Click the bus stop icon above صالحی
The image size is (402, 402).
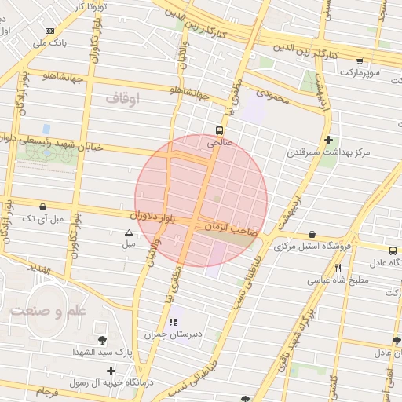[219, 131]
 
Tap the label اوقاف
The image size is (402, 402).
[121, 98]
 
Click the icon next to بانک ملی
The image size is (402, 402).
[50, 31]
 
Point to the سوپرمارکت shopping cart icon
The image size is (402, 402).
[360, 60]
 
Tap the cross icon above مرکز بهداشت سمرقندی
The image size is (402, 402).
[327, 140]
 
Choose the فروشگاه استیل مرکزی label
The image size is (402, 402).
[312, 246]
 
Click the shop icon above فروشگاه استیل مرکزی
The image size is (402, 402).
[312, 234]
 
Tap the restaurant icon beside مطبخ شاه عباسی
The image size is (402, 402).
[338, 268]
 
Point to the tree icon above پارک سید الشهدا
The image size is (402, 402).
[103, 340]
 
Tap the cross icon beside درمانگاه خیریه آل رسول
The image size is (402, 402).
[111, 371]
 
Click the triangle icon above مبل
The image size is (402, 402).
[129, 232]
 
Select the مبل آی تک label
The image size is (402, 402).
[39, 217]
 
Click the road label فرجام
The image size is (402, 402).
[46, 390]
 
